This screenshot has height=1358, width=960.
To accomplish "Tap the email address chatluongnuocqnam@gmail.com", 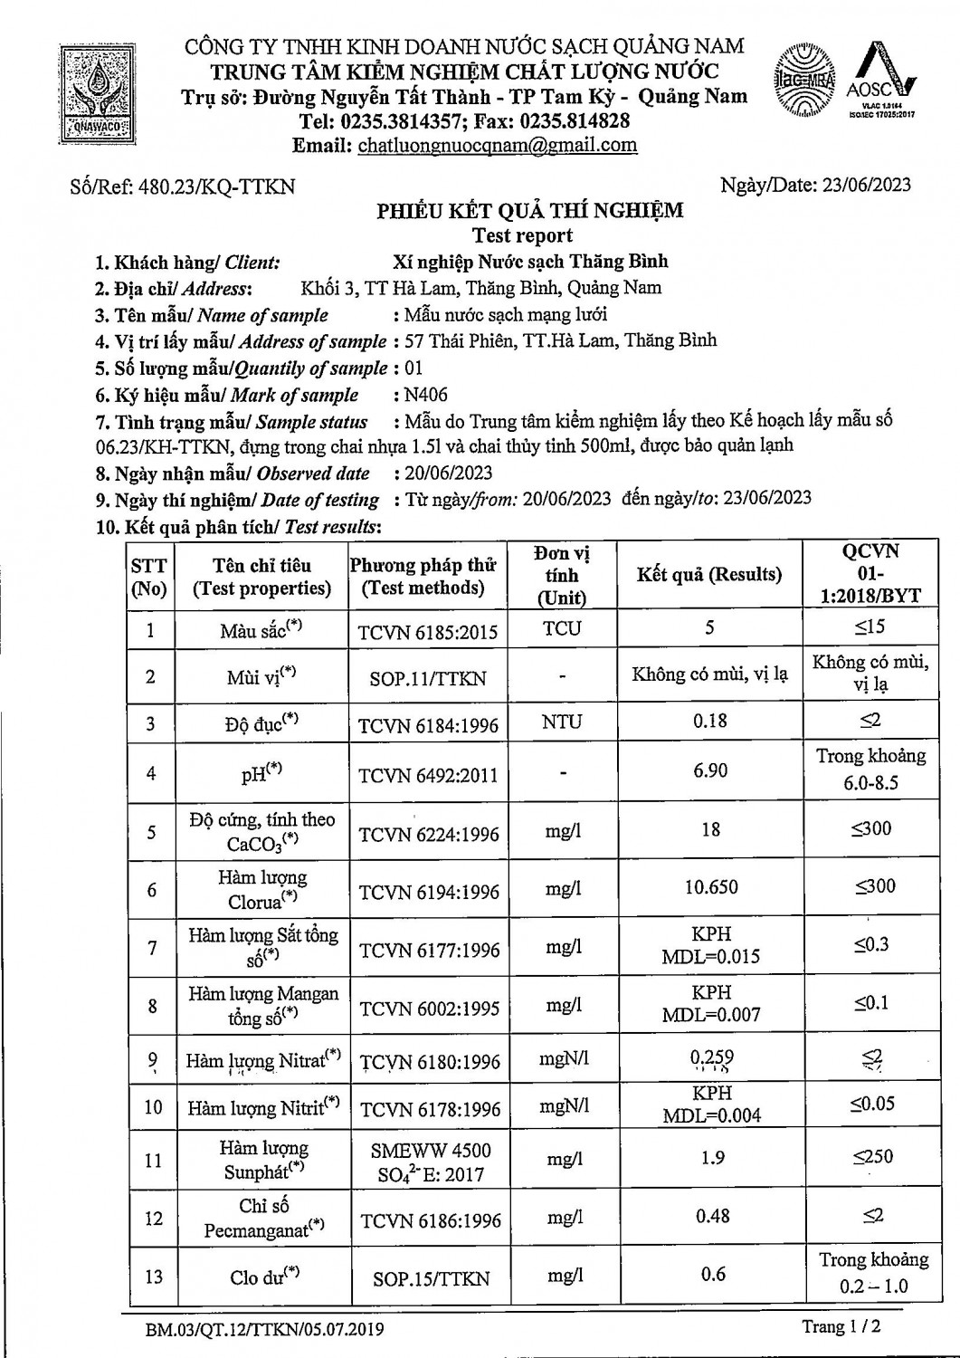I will click(x=498, y=146).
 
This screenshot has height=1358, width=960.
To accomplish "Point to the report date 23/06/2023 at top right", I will click(x=866, y=186).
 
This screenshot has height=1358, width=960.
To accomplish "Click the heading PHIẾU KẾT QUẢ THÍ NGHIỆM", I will click(x=530, y=212).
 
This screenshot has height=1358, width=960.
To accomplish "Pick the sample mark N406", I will click(x=426, y=395).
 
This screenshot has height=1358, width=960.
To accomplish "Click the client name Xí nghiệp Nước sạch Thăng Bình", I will click(x=530, y=263).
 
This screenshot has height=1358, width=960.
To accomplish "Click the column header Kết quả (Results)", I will click(x=708, y=575).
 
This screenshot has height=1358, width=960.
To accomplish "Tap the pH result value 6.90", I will click(x=710, y=770).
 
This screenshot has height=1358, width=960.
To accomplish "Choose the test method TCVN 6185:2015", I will click(x=428, y=632).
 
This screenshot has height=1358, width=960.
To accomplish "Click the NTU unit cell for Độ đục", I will click(x=562, y=722).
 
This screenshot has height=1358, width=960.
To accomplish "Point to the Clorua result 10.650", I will click(x=711, y=887).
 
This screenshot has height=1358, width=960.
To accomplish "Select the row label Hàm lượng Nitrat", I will click(x=262, y=1061).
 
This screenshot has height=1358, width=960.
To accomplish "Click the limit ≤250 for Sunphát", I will click(x=872, y=1157).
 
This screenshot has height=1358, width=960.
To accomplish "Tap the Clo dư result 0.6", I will click(x=713, y=1275).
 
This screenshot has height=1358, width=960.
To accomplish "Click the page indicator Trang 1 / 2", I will click(x=841, y=1326).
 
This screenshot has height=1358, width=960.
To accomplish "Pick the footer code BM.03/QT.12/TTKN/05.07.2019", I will click(x=264, y=1330).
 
